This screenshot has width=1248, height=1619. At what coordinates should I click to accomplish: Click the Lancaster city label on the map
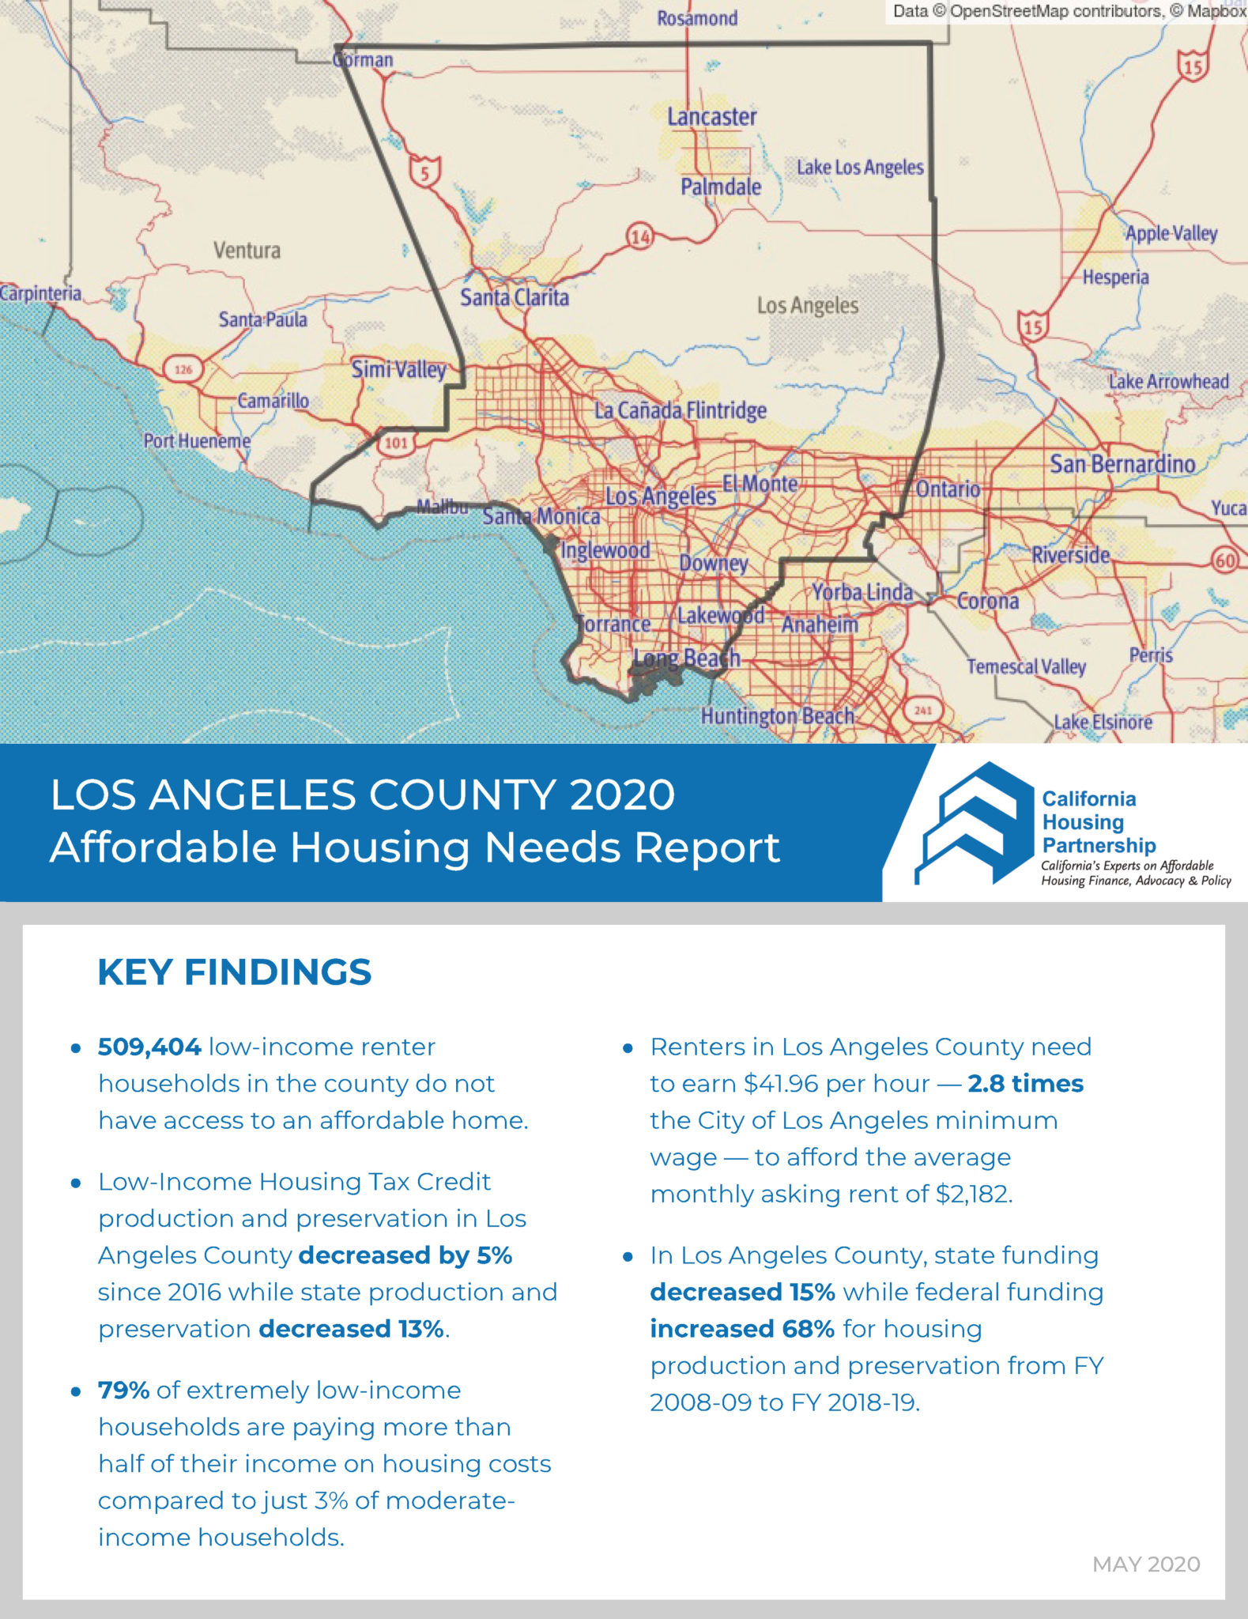pyautogui.click(x=711, y=117)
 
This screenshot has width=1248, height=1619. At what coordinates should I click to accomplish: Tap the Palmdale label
pyautogui.click(x=721, y=187)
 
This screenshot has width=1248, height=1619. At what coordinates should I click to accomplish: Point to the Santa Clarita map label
pyautogui.click(x=515, y=297)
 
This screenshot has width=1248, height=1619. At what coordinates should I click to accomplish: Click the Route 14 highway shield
pyautogui.click(x=640, y=236)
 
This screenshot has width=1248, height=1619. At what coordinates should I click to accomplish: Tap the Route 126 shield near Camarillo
pyautogui.click(x=183, y=368)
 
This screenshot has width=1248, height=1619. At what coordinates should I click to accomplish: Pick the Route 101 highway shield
pyautogui.click(x=396, y=443)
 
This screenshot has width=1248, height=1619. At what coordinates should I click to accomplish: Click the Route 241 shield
pyautogui.click(x=922, y=710)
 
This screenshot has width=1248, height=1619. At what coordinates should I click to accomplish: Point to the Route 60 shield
pyautogui.click(x=1224, y=560)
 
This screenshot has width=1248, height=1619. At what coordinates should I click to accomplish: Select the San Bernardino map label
pyautogui.click(x=1122, y=464)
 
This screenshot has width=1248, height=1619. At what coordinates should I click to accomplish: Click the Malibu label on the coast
pyautogui.click(x=443, y=507)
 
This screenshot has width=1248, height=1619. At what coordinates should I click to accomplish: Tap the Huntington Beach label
pyautogui.click(x=778, y=716)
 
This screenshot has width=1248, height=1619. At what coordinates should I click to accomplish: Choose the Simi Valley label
pyautogui.click(x=398, y=369)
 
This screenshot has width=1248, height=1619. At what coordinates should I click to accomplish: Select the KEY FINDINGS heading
pyautogui.click(x=234, y=972)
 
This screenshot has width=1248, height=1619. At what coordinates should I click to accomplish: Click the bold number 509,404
pyautogui.click(x=149, y=1047)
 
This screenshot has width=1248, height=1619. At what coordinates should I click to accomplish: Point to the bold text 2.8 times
pyautogui.click(x=1025, y=1083)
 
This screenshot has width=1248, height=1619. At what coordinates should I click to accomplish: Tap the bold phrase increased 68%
pyautogui.click(x=742, y=1329)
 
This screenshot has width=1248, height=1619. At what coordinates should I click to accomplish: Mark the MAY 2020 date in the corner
pyautogui.click(x=1145, y=1564)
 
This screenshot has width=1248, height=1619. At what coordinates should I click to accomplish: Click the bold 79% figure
pyautogui.click(x=124, y=1390)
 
